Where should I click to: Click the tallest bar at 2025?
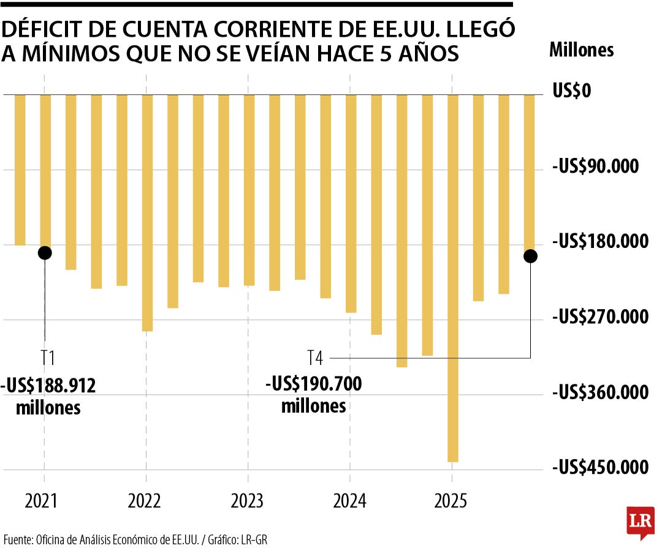[452, 278]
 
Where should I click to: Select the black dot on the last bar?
[530, 256]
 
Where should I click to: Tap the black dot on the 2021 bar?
[45, 252]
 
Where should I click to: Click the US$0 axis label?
[571, 91]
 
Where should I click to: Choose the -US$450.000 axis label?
[599, 468]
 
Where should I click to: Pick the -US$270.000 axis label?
[599, 317]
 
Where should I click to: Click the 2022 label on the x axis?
[145, 501]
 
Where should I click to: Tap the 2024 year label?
[349, 501]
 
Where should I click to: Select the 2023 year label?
[247, 501]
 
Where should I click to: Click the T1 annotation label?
[47, 358]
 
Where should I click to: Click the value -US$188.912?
[49, 386]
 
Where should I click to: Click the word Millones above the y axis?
[581, 50]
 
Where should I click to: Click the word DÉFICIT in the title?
[43, 29]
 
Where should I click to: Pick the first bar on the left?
[20, 170]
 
